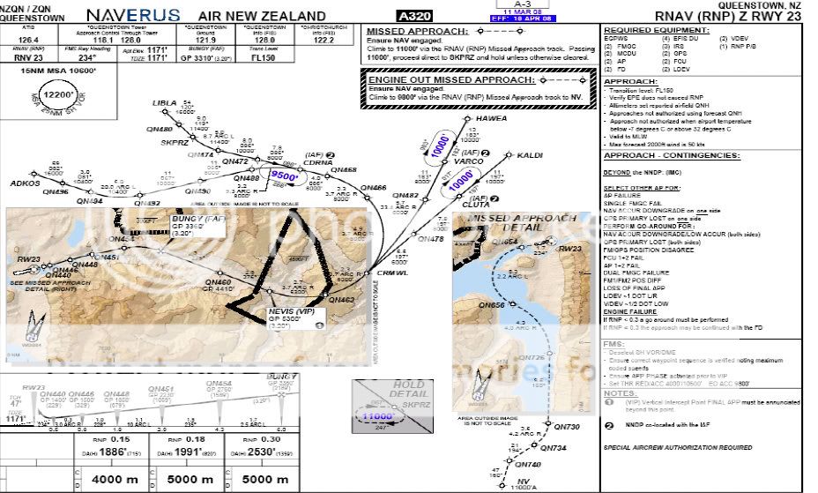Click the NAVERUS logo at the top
(134, 15)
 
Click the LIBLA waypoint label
(164, 103)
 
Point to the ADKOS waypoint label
(26, 183)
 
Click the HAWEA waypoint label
(491, 119)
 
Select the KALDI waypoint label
(529, 155)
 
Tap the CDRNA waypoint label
(316, 162)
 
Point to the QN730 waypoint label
(567, 427)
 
